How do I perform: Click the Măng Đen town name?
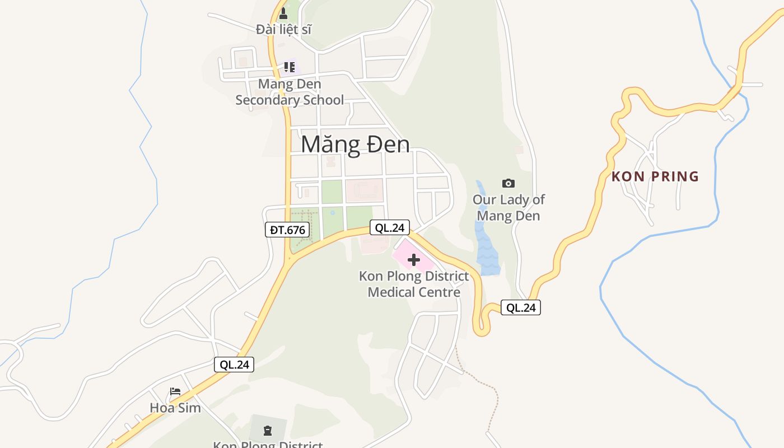click(x=355, y=144)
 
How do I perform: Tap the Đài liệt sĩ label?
click(x=283, y=29)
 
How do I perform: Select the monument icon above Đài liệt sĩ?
click(x=283, y=13)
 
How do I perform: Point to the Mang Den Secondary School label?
click(x=290, y=92)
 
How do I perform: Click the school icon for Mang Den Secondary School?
click(x=290, y=67)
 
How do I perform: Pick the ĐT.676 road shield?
click(x=287, y=230)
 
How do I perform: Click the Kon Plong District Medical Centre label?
click(x=414, y=284)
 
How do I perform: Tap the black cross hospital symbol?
click(x=414, y=260)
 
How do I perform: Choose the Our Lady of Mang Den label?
click(x=508, y=208)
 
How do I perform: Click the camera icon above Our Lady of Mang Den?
click(x=508, y=183)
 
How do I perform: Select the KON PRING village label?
click(x=655, y=177)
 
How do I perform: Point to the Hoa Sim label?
click(x=175, y=408)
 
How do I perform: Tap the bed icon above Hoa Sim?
click(x=175, y=391)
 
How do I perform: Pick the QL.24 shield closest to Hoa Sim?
click(x=234, y=365)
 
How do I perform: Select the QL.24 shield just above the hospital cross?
click(x=390, y=227)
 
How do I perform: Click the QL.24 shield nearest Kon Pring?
click(x=521, y=307)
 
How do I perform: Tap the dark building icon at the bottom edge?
click(x=268, y=430)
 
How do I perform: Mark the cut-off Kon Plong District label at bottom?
click(x=268, y=445)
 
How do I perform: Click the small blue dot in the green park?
click(x=333, y=213)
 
